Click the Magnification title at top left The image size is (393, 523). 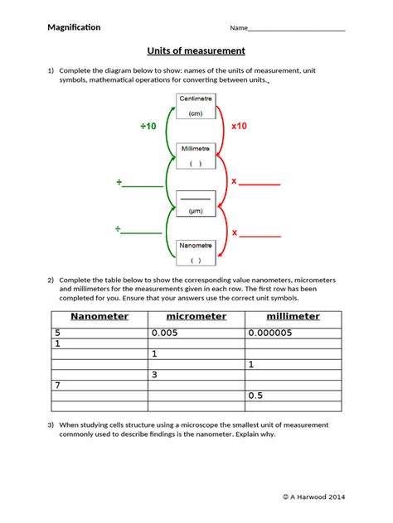(74, 27)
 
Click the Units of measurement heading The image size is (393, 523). (195, 50)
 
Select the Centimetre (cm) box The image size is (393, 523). (196, 106)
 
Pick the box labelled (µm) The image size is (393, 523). (196, 204)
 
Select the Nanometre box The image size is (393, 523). (196, 252)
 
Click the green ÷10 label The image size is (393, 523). (148, 127)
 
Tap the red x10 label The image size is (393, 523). (240, 127)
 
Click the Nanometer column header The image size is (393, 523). (99, 316)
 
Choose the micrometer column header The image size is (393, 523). (196, 316)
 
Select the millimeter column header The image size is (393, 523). (292, 316)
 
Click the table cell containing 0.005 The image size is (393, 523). (196, 333)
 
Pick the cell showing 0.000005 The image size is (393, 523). (292, 333)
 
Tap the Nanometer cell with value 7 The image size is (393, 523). (99, 386)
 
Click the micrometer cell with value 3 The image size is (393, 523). (196, 375)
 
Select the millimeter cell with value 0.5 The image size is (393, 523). (292, 396)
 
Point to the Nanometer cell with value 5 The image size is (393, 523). (99, 333)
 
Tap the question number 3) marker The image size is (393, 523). (51, 425)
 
